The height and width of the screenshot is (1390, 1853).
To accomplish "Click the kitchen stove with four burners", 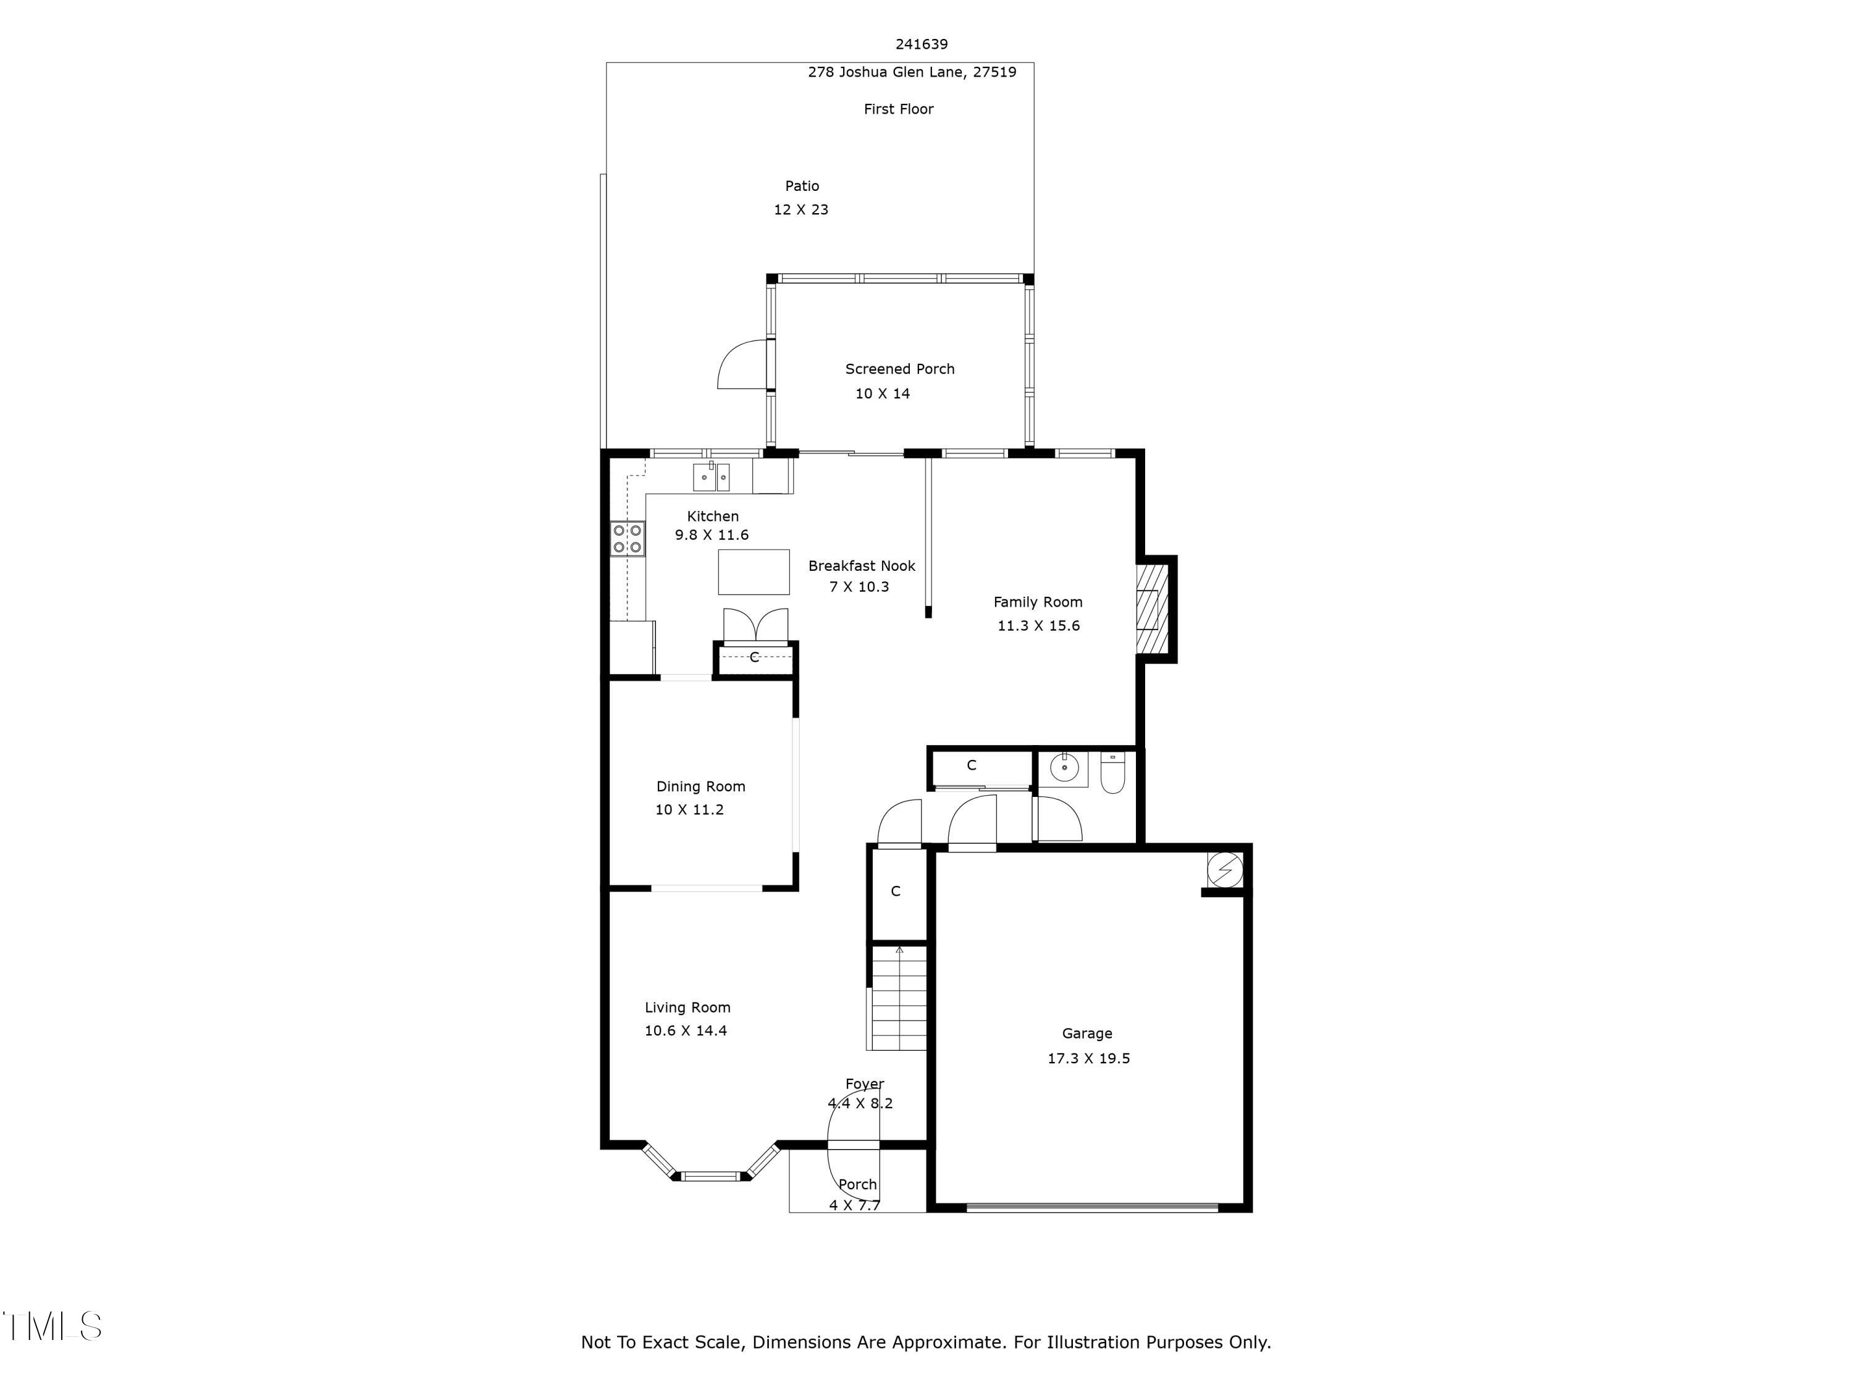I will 626,539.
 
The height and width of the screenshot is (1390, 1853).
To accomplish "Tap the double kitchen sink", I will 710,478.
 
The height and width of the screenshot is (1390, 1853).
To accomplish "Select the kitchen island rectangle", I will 753,572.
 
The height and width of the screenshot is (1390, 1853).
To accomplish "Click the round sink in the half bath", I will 1064,769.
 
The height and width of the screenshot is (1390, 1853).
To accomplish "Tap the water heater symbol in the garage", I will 1225,870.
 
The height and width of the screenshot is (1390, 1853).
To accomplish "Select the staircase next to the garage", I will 899,998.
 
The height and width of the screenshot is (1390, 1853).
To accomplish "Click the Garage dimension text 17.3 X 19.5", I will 1088,1058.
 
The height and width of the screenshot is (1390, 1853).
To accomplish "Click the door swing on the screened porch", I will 741,365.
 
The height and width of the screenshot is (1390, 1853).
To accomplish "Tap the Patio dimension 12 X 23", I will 801,209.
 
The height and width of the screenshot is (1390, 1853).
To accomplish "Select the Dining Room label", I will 700,786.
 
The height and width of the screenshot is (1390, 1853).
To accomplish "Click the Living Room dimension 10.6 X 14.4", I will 685,1030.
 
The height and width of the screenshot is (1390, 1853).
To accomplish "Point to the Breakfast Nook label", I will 861,565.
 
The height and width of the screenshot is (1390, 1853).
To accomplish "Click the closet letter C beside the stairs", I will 896,891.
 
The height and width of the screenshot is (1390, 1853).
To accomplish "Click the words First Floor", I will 898,109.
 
